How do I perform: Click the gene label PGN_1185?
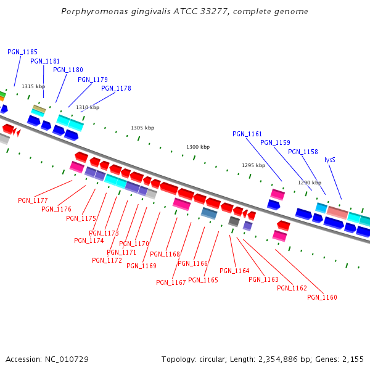point(22,52)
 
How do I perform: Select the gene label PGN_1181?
point(45,61)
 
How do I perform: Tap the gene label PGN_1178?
point(116,88)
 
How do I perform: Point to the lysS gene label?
point(331,160)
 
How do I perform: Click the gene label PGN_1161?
point(247,134)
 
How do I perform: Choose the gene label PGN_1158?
point(303,152)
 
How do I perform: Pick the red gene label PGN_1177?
point(33,200)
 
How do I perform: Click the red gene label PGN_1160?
point(322,297)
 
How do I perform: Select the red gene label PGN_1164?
point(234,271)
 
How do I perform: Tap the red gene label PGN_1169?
point(141,266)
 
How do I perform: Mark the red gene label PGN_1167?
point(171,282)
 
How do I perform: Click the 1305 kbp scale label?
point(142,128)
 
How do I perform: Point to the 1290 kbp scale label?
point(310,183)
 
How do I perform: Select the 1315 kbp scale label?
point(33,86)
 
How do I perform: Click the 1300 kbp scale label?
point(198,147)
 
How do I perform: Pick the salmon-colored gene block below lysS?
point(337,212)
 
